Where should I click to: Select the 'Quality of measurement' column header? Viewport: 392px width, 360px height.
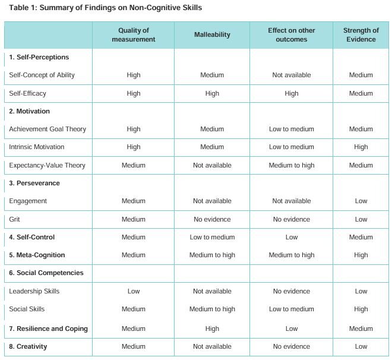pyautogui.click(x=134, y=35)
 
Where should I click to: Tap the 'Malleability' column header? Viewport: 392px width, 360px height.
pyautogui.click(x=212, y=35)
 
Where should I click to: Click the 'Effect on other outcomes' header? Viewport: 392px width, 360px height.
pyautogui.click(x=291, y=35)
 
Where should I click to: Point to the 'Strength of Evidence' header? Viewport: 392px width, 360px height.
pyautogui.click(x=361, y=35)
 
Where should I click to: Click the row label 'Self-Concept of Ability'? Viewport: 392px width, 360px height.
pyautogui.click(x=42, y=75)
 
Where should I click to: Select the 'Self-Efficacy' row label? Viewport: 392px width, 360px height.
pyautogui.click(x=27, y=93)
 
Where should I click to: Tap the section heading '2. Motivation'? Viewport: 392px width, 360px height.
pyautogui.click(x=30, y=111)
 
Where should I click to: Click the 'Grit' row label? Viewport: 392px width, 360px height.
pyautogui.click(x=15, y=219)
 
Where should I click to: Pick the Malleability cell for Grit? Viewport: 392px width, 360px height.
pyautogui.click(x=212, y=219)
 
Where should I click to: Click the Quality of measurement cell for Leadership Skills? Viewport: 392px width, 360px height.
pyautogui.click(x=134, y=291)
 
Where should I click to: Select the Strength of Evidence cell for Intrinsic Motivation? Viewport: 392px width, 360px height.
pyautogui.click(x=361, y=147)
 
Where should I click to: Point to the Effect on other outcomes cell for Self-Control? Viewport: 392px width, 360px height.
pyautogui.click(x=291, y=237)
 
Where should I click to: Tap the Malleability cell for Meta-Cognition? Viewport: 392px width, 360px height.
pyautogui.click(x=212, y=255)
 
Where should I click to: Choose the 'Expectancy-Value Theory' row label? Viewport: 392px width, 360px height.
pyautogui.click(x=47, y=165)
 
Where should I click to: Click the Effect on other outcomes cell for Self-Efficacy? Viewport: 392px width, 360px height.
pyautogui.click(x=291, y=93)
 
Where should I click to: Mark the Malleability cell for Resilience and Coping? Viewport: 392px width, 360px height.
pyautogui.click(x=212, y=329)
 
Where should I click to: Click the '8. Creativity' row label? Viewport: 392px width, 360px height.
pyautogui.click(x=29, y=346)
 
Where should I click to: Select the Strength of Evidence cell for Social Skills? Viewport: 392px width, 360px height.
pyautogui.click(x=361, y=309)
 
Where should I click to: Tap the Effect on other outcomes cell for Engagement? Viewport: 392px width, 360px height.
pyautogui.click(x=291, y=201)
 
